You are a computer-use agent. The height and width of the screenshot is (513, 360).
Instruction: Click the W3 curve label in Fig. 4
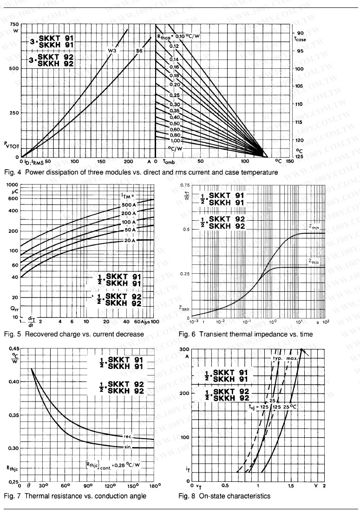point(113,51)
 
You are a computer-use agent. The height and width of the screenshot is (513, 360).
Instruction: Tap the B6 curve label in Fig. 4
point(139,51)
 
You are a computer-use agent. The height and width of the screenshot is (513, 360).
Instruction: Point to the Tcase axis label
point(300,39)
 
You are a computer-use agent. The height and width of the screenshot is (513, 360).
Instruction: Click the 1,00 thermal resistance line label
point(175,140)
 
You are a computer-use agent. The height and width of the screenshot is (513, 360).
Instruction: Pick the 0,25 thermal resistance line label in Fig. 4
point(174,96)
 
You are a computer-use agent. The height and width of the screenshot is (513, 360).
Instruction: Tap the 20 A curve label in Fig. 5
point(129,240)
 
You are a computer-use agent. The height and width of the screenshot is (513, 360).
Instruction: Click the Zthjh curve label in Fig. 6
point(314,225)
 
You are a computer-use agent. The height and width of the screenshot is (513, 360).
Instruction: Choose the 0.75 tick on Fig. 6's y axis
point(184,185)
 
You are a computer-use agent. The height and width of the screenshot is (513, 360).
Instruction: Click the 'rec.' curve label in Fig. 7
point(128,436)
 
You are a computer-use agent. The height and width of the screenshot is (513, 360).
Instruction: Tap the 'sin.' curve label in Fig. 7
point(129,447)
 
